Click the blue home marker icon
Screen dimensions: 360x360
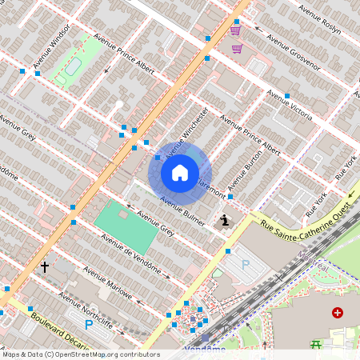click(180, 172)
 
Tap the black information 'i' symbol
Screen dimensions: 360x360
click(226, 219)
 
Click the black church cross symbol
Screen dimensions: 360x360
click(45, 266)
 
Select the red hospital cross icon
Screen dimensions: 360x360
click(338, 312)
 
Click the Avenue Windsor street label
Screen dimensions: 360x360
click(53, 50)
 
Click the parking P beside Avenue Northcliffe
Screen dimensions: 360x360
click(89, 325)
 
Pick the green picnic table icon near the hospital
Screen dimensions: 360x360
click(315, 345)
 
